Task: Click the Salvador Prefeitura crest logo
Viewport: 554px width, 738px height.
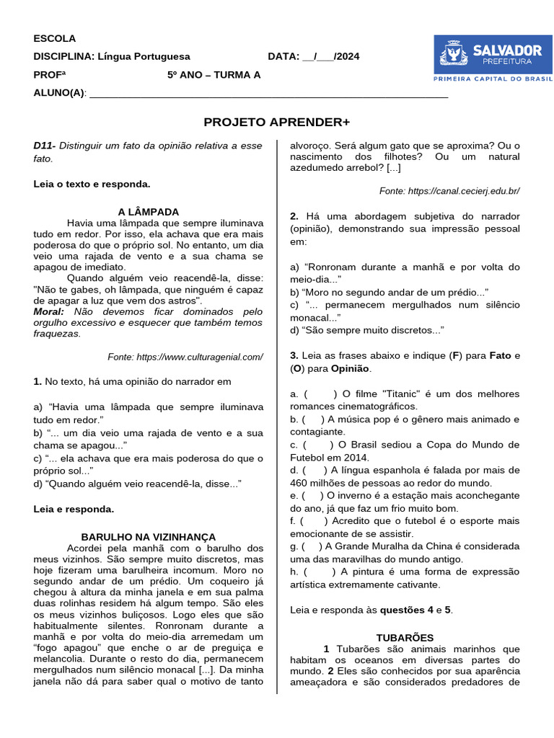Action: coord(454,54)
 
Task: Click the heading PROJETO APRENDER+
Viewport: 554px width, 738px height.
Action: coord(276,122)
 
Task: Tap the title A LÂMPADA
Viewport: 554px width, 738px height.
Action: coord(148,211)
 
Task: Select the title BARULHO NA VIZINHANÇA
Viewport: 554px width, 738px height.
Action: coord(148,537)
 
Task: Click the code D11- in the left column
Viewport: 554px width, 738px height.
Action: coord(45,146)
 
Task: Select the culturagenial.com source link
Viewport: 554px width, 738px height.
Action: coord(185,357)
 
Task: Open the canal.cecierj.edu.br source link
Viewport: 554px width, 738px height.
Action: coord(449,191)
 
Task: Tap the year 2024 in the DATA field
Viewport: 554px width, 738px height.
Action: coord(348,56)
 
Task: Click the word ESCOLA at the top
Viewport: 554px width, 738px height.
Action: coord(54,38)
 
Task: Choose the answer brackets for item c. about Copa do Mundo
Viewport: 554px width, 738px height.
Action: coord(321,445)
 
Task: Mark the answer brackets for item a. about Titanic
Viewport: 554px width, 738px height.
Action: coord(321,394)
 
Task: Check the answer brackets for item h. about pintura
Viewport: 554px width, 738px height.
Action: coord(321,572)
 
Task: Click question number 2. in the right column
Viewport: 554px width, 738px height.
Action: coord(294,216)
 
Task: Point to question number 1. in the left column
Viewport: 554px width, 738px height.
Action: coord(38,381)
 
